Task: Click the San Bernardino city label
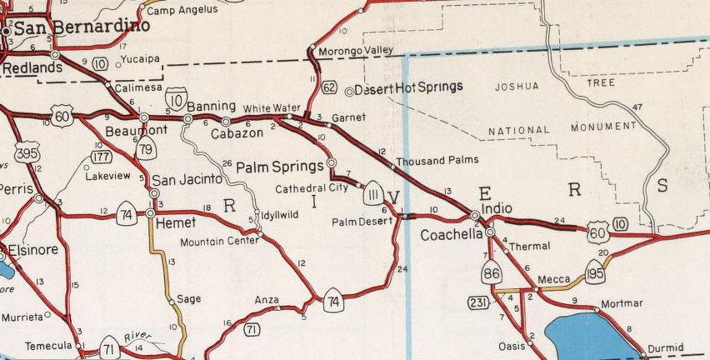(82, 27)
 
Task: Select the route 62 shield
(331, 87)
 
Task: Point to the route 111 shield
(372, 194)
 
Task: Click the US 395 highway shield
(27, 152)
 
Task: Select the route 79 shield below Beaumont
(147, 148)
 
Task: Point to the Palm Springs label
(279, 165)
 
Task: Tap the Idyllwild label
(282, 215)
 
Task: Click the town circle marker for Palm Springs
(332, 162)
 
